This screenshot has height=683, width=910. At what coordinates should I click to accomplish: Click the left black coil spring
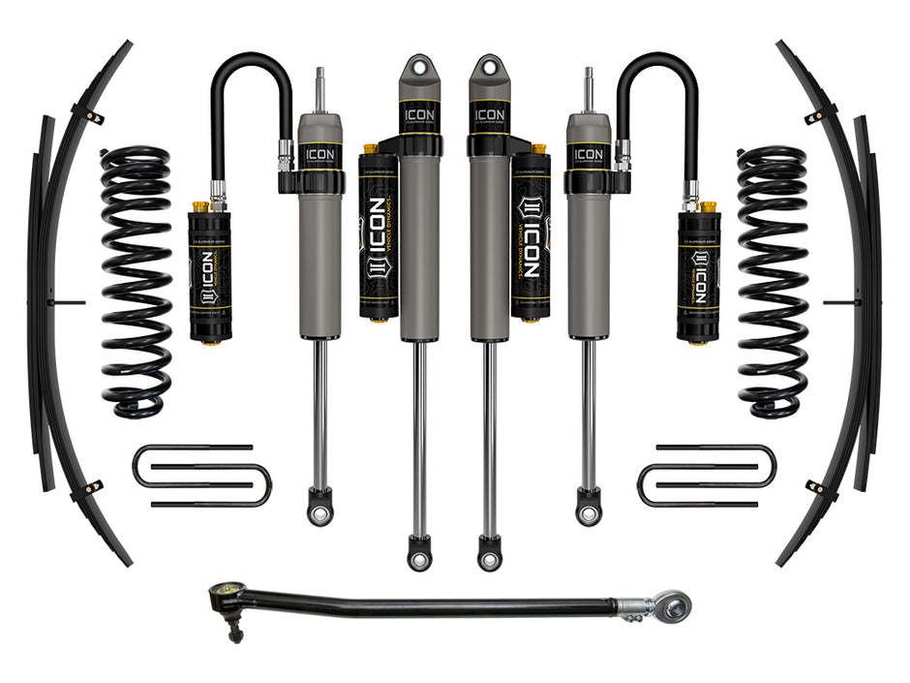click(136, 281)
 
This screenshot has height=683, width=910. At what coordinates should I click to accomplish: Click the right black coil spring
click(772, 281)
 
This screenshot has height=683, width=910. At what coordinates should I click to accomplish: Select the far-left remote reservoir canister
click(209, 275)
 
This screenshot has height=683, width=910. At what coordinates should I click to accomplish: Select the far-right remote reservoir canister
click(699, 275)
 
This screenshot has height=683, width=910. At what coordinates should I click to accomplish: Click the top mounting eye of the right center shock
click(488, 70)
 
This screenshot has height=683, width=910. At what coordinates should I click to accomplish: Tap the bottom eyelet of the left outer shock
click(320, 509)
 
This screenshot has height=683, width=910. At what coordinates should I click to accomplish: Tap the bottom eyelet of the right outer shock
click(589, 509)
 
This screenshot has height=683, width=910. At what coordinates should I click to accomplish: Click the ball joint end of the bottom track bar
click(229, 599)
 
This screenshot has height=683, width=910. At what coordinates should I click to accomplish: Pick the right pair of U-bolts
click(707, 476)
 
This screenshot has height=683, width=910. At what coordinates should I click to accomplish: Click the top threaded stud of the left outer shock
click(319, 85)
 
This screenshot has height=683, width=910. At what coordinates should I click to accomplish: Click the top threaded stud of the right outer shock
click(589, 85)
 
